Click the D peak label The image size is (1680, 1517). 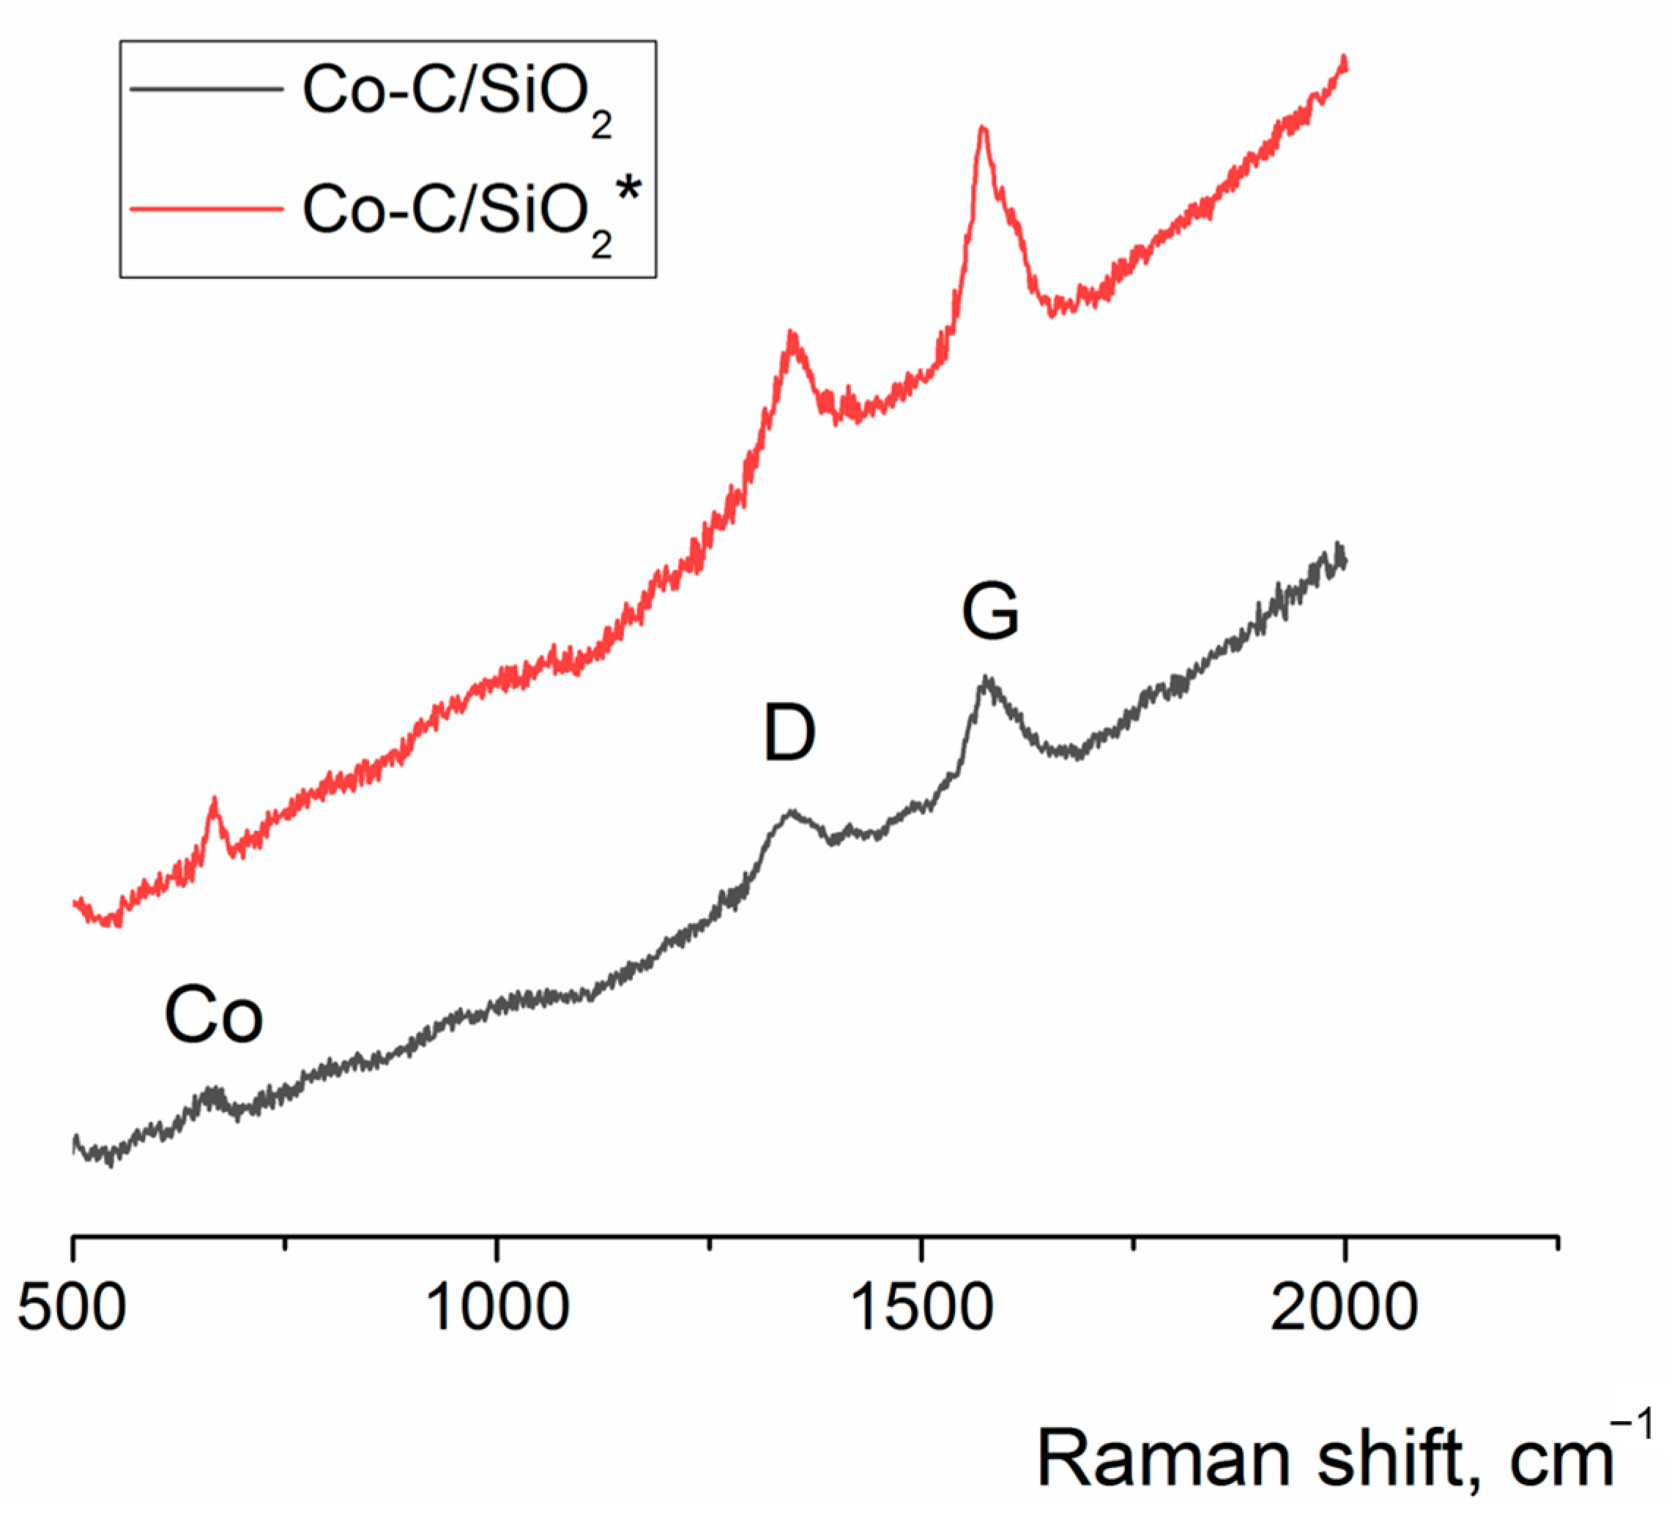click(789, 733)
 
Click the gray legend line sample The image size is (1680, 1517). click(207, 89)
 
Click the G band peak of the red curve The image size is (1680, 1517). click(984, 128)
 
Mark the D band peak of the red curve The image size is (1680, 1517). click(791, 334)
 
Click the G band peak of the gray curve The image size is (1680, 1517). click(986, 678)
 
